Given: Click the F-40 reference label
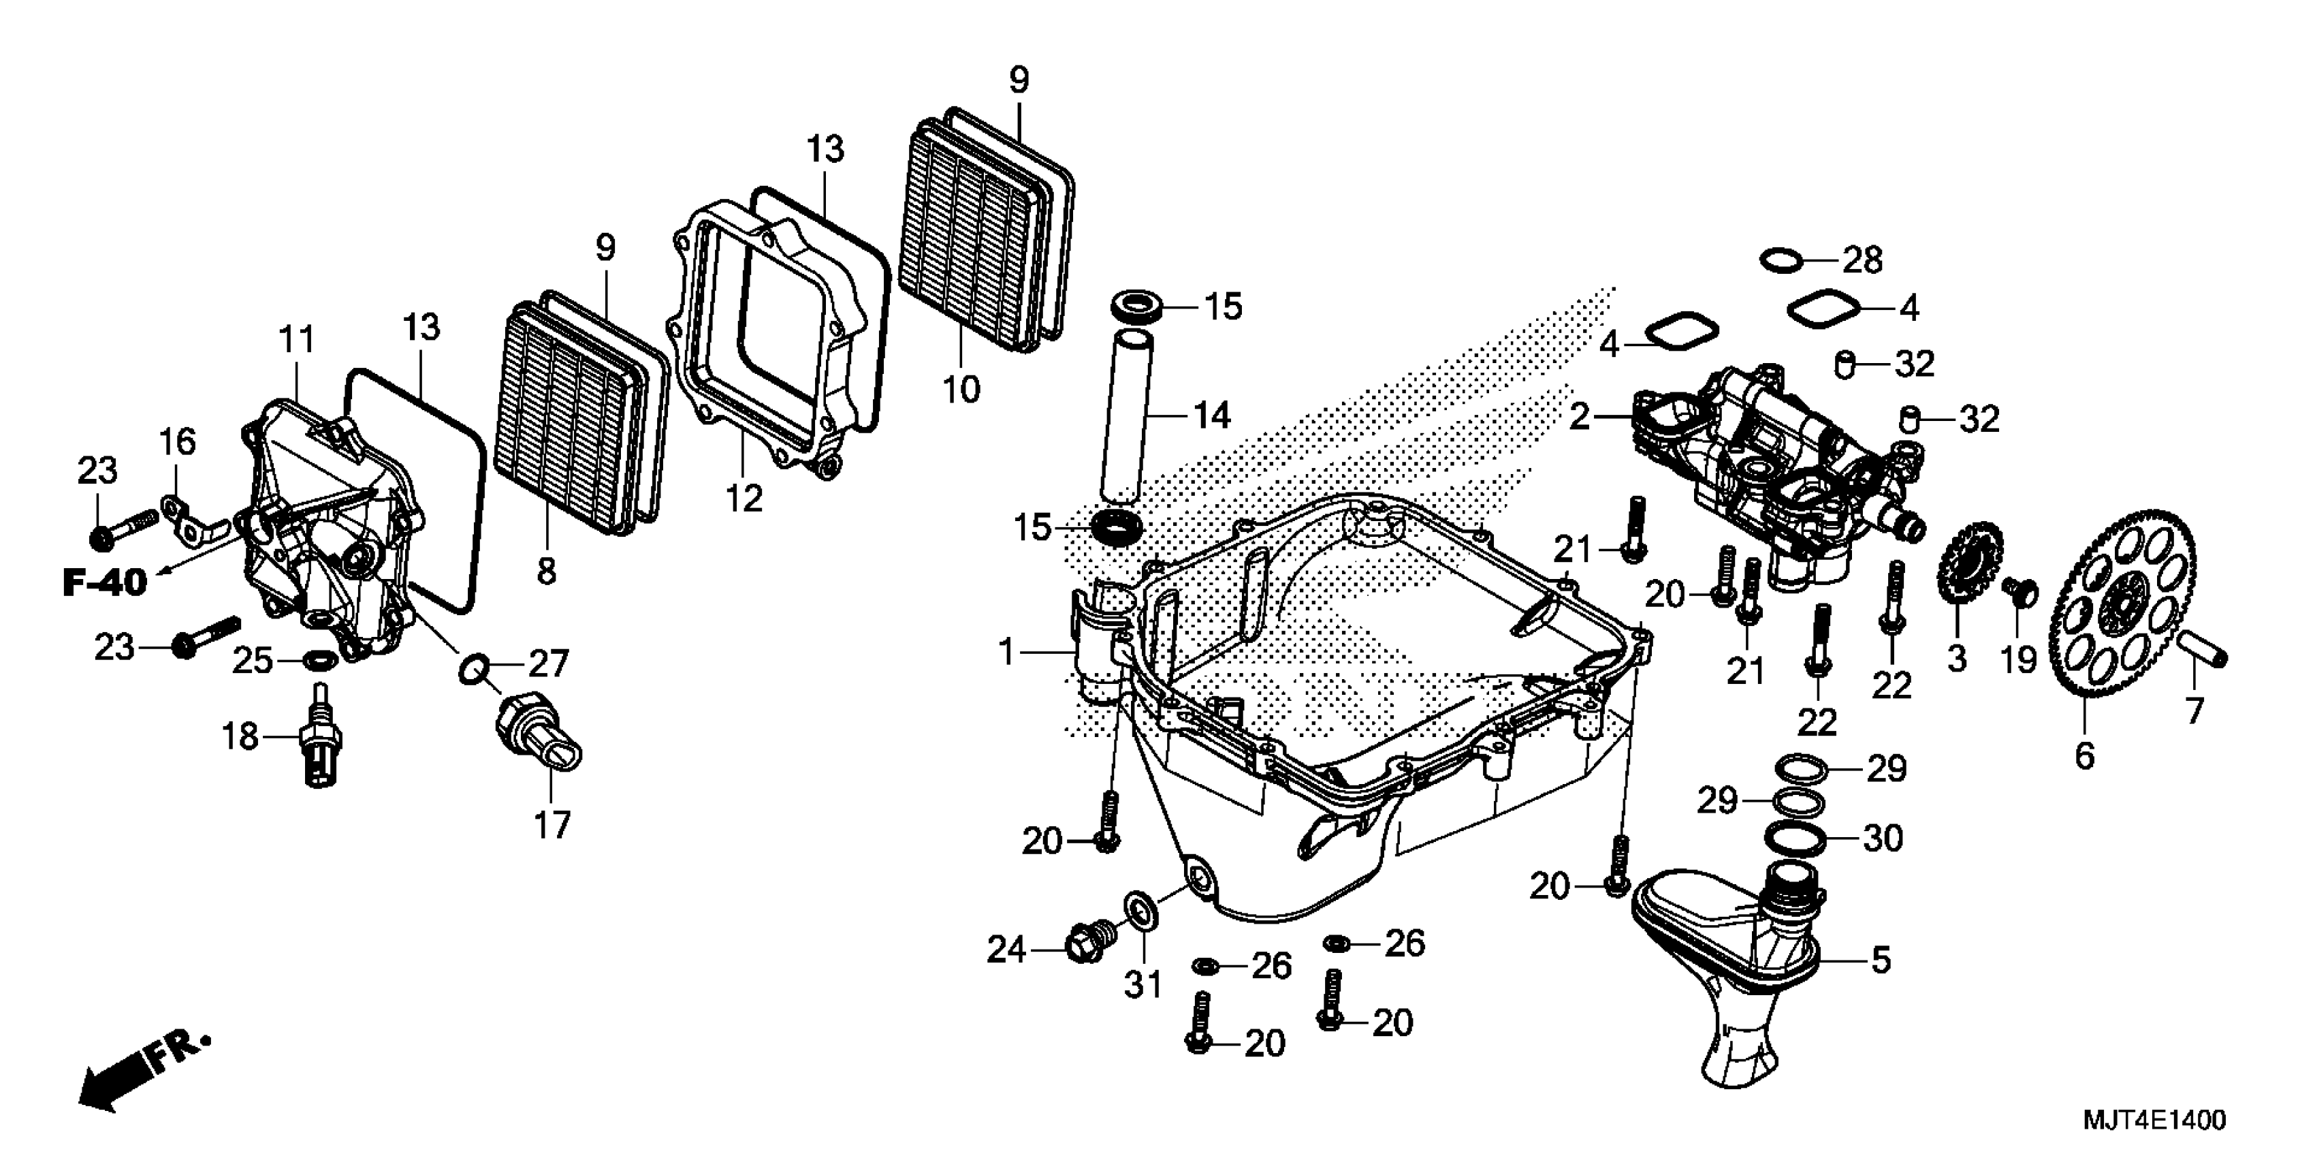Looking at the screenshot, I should coord(104,582).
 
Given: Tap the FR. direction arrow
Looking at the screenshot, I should coord(144,1074).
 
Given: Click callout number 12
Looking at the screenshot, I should coord(744,498).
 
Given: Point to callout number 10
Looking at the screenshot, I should coord(961,390).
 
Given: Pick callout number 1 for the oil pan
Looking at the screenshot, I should coord(1006,652).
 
